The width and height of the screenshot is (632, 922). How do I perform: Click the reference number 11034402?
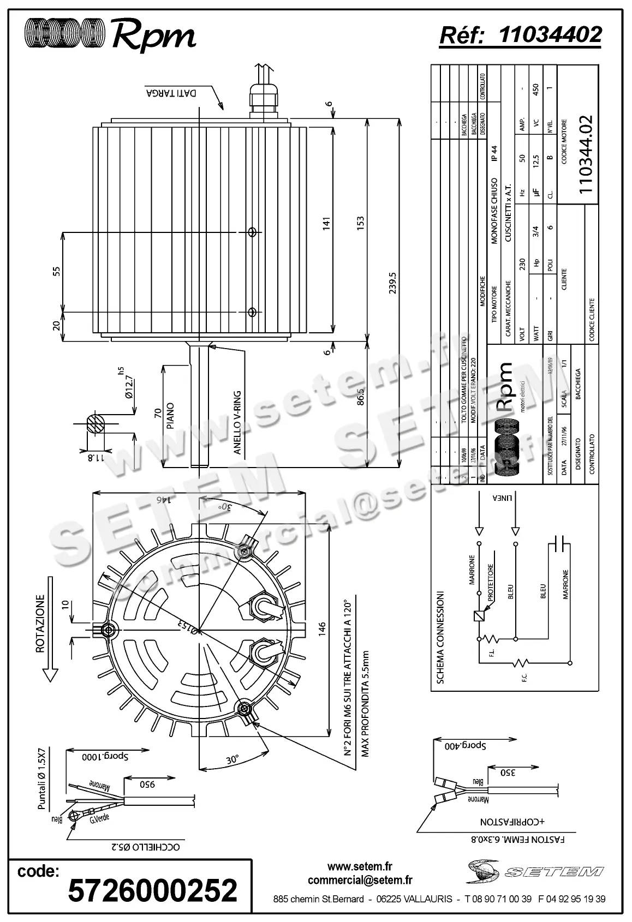pos(550,34)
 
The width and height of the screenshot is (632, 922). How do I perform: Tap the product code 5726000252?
pos(152,890)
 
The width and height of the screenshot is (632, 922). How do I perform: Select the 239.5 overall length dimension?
pos(392,283)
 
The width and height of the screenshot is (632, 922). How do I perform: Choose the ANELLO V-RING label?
pos(237,422)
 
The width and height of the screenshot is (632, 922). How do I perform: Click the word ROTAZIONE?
pos(40,622)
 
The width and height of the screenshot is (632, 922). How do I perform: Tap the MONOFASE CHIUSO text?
pos(494,210)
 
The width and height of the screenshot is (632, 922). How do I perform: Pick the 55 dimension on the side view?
pos(56,272)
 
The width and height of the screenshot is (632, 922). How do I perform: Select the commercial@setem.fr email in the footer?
pos(360,879)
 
